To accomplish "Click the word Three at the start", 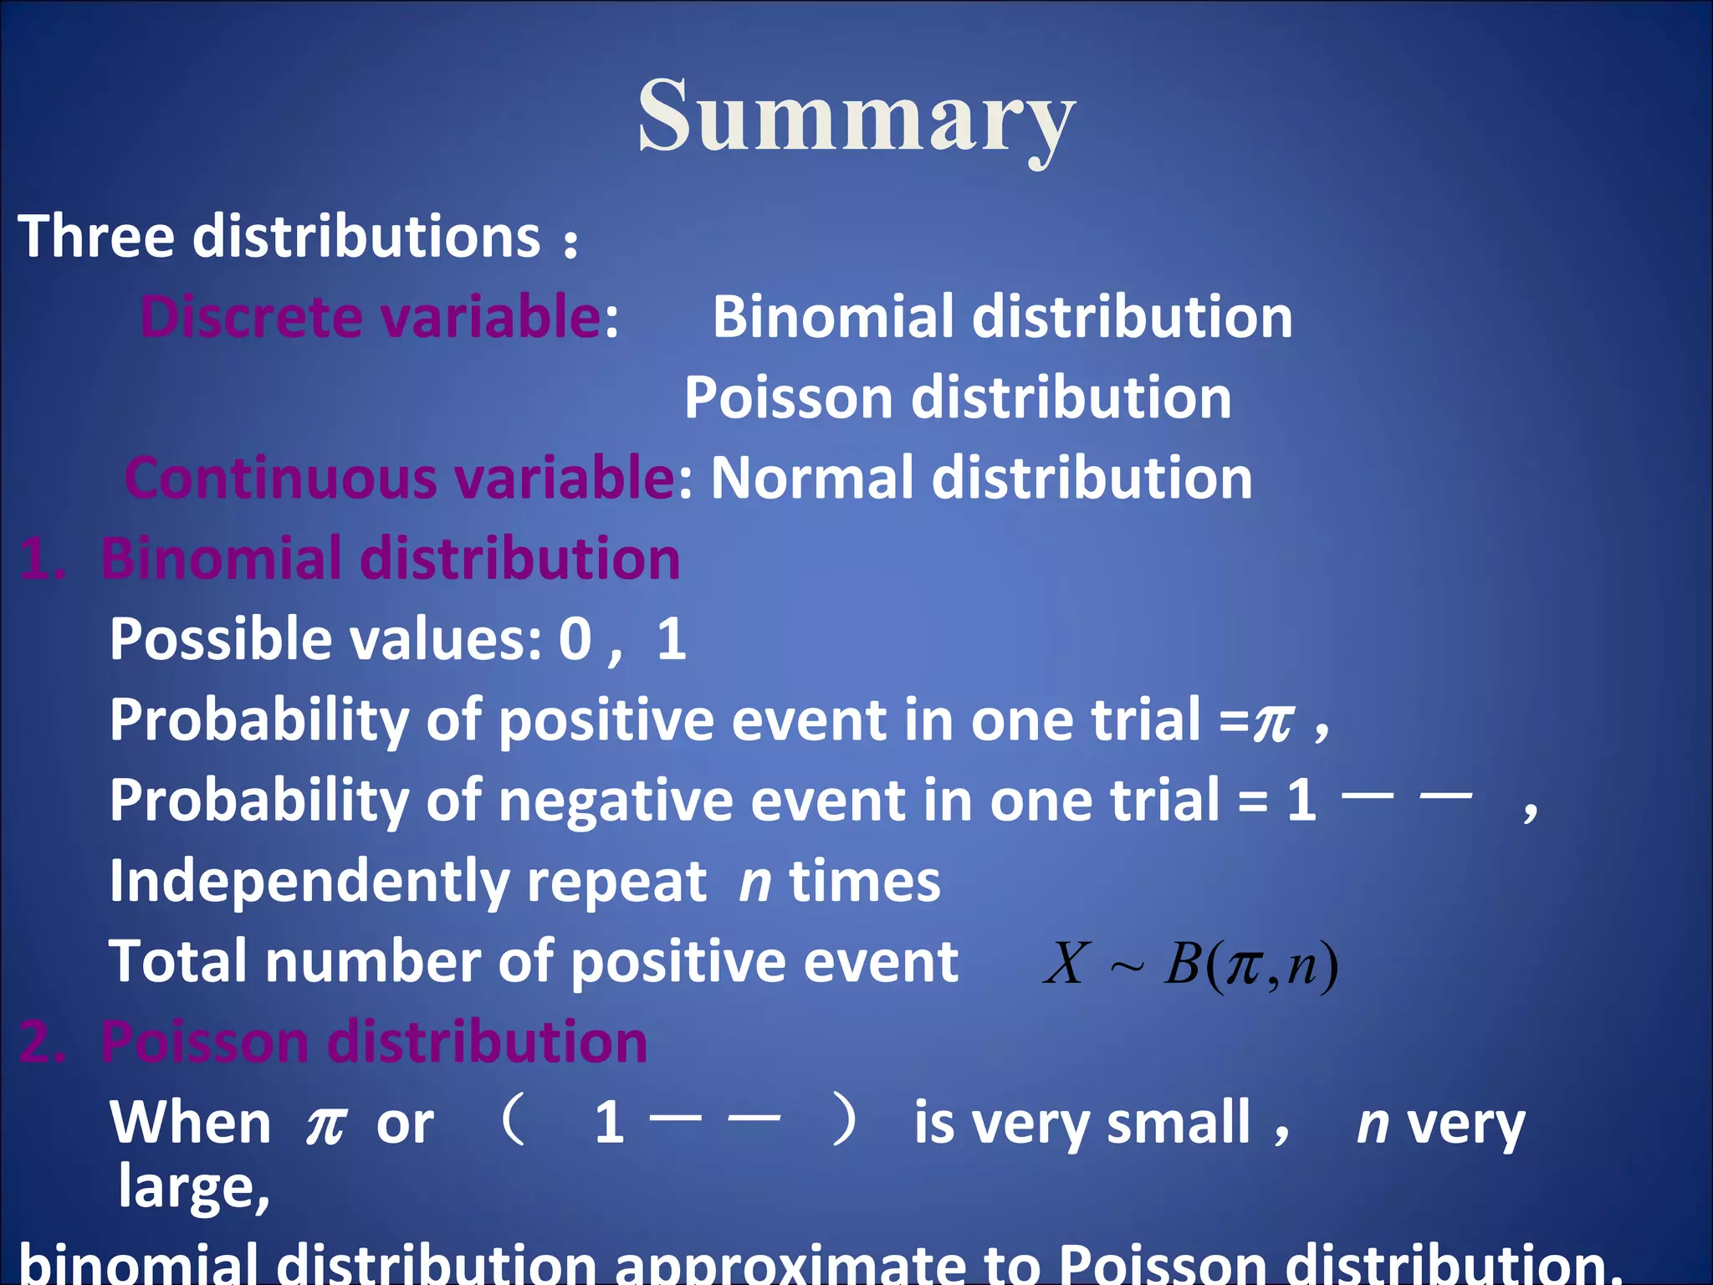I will coord(95,236).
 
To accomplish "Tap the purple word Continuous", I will coord(281,478).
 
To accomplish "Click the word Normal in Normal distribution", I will coord(810,478).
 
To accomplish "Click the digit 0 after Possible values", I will coord(575,639).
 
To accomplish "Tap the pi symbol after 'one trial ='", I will coord(1273,721).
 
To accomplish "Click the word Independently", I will coord(308,882).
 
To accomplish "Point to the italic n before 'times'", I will coord(754,883).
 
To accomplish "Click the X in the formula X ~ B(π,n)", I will coord(1067,964).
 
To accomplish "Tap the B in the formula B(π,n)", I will coord(1183,964).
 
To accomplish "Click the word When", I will coord(191,1123).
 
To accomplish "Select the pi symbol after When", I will coord(325,1124).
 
